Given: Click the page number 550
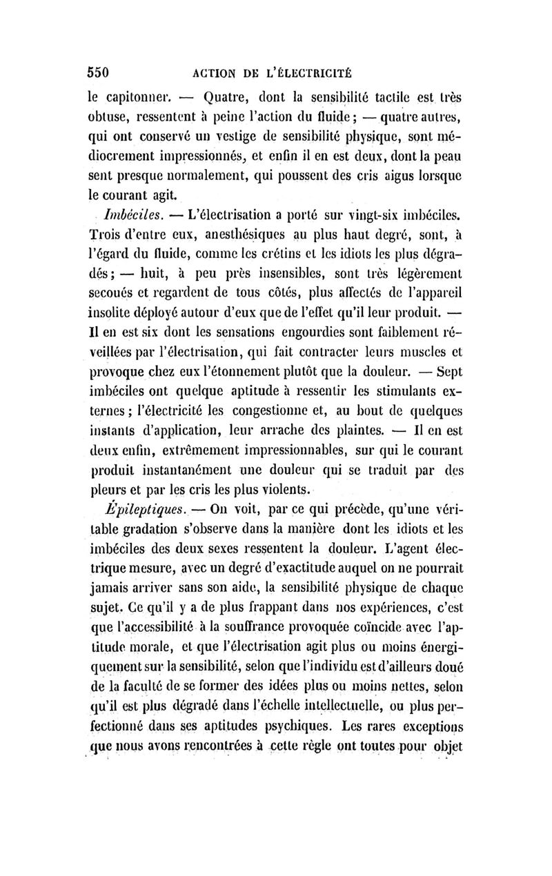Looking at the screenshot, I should click(x=99, y=71).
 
